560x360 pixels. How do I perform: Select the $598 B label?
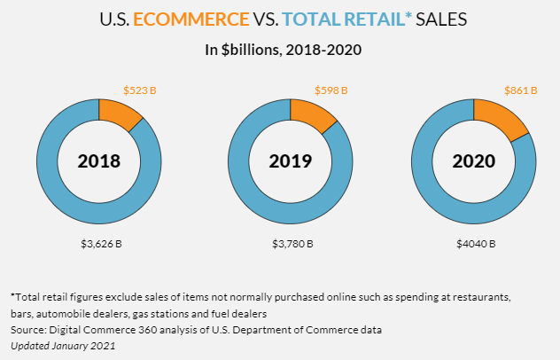tap(331, 90)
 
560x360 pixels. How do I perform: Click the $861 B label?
tap(522, 90)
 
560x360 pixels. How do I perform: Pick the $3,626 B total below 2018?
tap(98, 243)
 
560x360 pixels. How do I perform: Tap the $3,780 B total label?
tap(291, 243)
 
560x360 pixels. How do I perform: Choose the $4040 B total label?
tap(476, 243)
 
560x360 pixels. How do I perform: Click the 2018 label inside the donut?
tap(98, 161)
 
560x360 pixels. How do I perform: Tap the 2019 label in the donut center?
tap(291, 161)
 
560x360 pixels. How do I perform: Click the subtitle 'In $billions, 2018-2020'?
tap(280, 50)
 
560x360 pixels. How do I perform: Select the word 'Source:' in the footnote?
tap(28, 331)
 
